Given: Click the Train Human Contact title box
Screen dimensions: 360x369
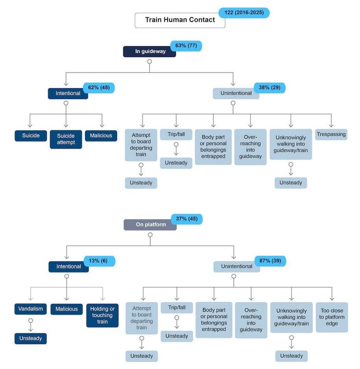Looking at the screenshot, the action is (x=180, y=20).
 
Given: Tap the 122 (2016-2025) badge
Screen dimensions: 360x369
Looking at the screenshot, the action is (x=244, y=13).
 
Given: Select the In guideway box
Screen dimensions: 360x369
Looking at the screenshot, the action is (x=150, y=52).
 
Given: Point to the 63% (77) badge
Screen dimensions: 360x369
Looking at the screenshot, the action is (x=186, y=46).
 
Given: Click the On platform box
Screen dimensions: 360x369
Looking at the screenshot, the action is (x=150, y=225).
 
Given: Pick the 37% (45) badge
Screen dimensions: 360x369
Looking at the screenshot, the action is (x=186, y=219).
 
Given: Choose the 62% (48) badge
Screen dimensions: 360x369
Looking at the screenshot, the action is (x=99, y=88).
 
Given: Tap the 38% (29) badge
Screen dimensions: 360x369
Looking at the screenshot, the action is (x=270, y=88).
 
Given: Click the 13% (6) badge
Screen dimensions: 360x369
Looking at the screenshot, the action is (x=99, y=261).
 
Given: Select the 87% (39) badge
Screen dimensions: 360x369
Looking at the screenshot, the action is (x=270, y=261).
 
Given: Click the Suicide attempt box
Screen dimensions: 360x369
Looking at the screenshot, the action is (x=66, y=139).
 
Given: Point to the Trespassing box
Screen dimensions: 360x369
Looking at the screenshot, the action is (x=331, y=135).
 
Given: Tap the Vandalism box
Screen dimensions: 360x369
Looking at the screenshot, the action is (x=31, y=309).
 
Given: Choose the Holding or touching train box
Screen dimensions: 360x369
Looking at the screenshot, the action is (x=102, y=315).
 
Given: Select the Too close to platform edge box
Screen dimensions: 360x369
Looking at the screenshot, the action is (x=332, y=317).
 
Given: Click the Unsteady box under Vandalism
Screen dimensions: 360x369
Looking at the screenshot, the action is (x=31, y=339).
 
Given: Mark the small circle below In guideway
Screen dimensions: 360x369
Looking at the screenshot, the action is (x=150, y=62).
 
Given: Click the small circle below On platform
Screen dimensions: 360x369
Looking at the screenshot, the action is (x=150, y=235).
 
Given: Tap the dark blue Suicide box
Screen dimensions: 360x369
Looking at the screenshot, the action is (x=31, y=136).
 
